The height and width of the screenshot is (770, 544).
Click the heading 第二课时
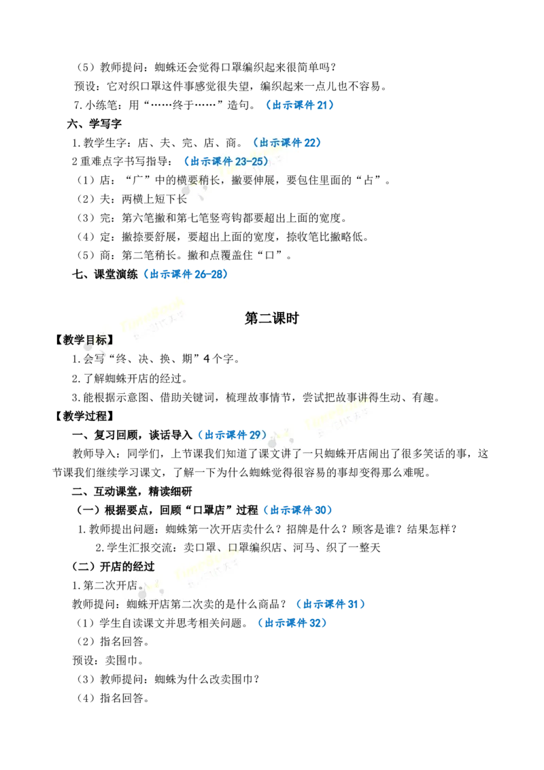pos(271,318)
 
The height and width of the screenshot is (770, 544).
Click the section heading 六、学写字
pos(95,124)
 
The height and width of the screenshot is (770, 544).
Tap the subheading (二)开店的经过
pos(114,566)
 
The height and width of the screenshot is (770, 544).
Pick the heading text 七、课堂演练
pos(105,274)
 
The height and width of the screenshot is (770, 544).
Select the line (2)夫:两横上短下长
pos(132,199)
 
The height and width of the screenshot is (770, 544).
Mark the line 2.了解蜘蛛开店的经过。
pos(130,378)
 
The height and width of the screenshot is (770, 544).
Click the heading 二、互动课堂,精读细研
pos(132,491)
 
